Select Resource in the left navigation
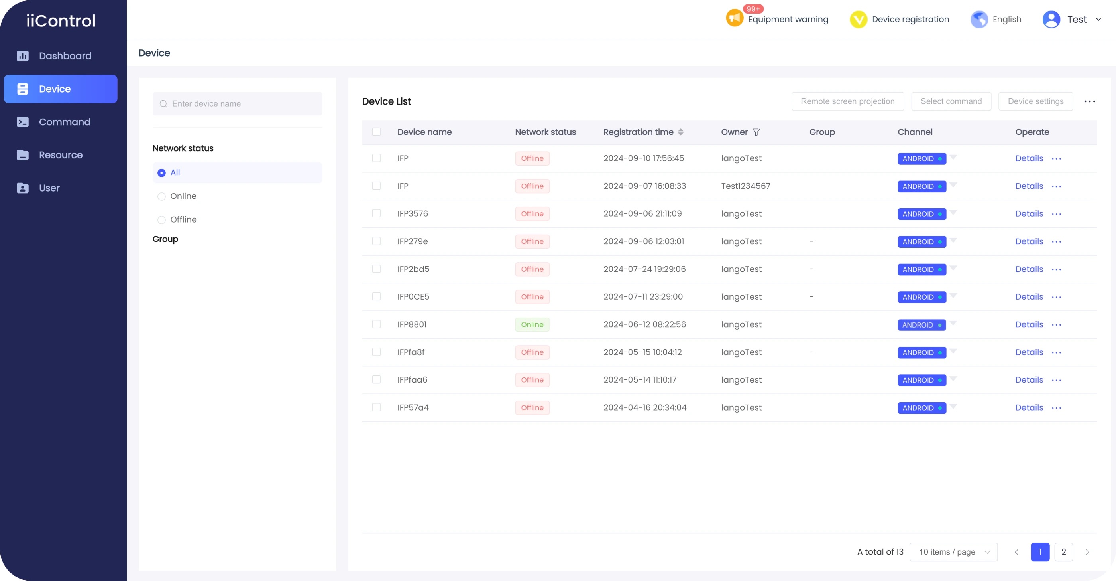pos(61,155)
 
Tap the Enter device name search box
pos(238,104)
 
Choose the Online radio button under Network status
pos(161,196)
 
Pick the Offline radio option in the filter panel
pos(161,220)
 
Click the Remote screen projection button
pos(847,101)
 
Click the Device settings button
pos(1035,101)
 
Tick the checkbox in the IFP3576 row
pos(376,213)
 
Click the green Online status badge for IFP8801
pos(532,324)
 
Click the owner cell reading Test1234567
pos(745,186)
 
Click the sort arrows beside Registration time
pos(680,132)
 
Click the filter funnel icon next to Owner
pos(756,132)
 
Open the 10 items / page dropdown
pos(953,552)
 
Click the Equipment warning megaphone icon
pos(734,18)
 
